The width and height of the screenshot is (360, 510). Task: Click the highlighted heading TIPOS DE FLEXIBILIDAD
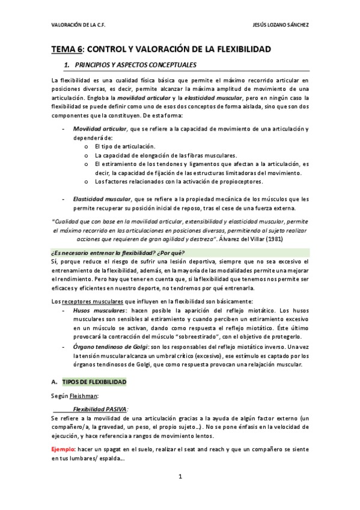point(94,382)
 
